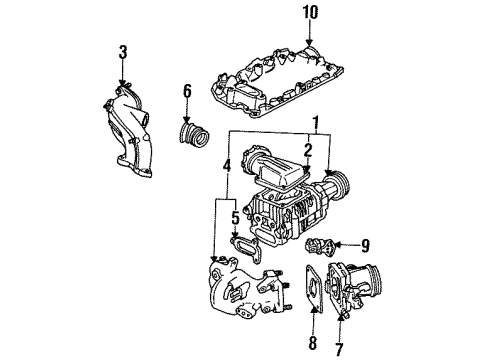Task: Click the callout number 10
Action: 310,12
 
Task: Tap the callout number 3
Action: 123,52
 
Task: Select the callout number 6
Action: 188,91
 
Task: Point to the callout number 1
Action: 316,123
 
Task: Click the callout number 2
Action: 307,150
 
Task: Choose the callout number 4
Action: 227,166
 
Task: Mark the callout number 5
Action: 235,218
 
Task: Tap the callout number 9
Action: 365,246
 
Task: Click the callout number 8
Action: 312,343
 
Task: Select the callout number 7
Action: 339,349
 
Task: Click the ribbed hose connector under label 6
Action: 194,135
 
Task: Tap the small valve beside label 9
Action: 319,247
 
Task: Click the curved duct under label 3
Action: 129,130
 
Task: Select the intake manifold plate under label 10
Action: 277,83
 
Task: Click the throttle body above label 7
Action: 353,287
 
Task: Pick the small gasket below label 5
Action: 245,249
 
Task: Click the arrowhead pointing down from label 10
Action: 310,42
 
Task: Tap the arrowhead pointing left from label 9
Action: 337,245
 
